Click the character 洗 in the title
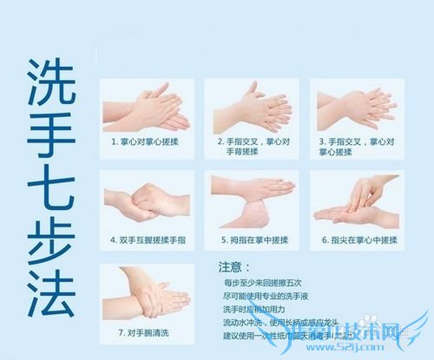[x=50, y=83]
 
